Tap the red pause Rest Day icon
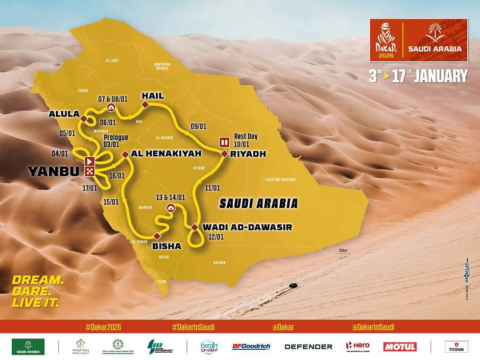(x=224, y=143)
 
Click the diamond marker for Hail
(x=145, y=105)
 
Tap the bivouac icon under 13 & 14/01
(x=170, y=208)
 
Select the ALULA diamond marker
(x=84, y=119)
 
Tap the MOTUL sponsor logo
(x=400, y=347)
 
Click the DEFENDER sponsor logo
(x=309, y=347)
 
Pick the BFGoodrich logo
(x=251, y=347)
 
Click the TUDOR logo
(x=456, y=347)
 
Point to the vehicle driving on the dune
(x=292, y=285)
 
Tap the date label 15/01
(x=111, y=201)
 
